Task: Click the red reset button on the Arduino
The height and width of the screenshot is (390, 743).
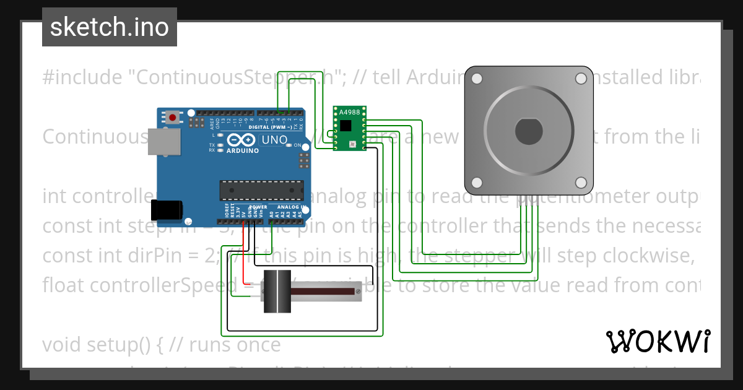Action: pyautogui.click(x=173, y=116)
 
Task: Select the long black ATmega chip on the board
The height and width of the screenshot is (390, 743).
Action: pyautogui.click(x=262, y=190)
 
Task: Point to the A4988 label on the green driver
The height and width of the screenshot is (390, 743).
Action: pyautogui.click(x=349, y=112)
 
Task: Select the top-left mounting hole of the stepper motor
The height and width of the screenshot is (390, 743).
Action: pyautogui.click(x=477, y=79)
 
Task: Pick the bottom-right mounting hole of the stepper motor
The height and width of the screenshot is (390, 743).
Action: pyautogui.click(x=581, y=183)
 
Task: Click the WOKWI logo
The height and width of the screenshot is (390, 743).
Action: pyautogui.click(x=658, y=341)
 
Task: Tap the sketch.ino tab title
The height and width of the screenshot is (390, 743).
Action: pyautogui.click(x=110, y=27)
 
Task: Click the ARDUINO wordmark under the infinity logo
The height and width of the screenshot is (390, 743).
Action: pyautogui.click(x=243, y=150)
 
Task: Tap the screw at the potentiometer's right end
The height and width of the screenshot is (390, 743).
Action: pyautogui.click(x=357, y=290)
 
